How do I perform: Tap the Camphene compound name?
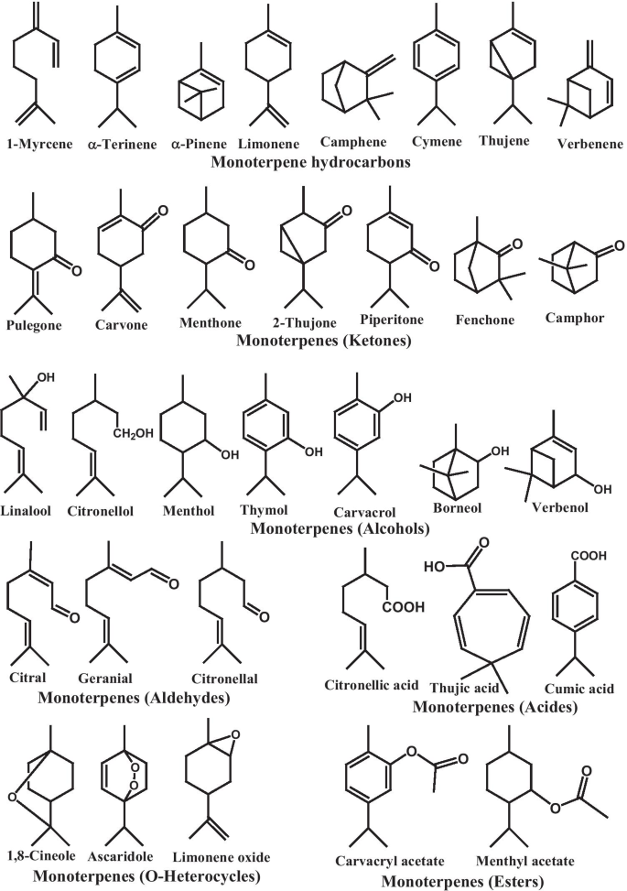pos(353,143)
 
